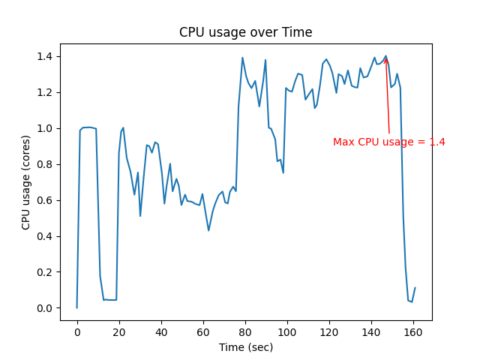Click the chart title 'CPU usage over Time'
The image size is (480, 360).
[x=245, y=32]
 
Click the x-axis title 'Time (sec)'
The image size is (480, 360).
[x=245, y=347]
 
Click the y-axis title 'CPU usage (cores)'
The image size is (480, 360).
[x=26, y=181]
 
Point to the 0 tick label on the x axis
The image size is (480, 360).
[x=77, y=331]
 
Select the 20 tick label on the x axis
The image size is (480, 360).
[x=119, y=331]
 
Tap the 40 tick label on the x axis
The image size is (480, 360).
[x=161, y=331]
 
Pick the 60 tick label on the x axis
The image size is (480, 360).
[x=203, y=331]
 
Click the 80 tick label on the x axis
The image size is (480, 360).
[x=245, y=331]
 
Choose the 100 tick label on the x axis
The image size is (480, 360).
[x=287, y=331]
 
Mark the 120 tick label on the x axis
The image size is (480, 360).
[x=329, y=331]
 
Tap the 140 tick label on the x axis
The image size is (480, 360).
[x=371, y=331]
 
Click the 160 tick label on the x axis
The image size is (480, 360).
[x=413, y=331]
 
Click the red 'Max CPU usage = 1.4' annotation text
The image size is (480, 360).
[x=389, y=142]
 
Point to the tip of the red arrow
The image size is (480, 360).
[x=386, y=57]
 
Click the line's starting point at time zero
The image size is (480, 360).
[x=77, y=307]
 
